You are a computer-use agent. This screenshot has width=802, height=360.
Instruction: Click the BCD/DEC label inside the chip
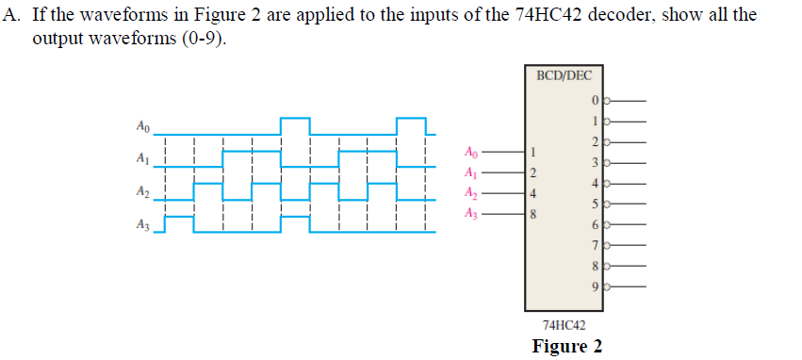563,75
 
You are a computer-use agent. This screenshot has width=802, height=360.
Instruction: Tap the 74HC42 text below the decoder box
562,324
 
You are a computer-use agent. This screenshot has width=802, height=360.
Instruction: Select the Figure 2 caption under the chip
566,346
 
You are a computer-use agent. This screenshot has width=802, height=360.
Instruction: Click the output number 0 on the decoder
596,100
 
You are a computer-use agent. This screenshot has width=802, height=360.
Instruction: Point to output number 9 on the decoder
596,286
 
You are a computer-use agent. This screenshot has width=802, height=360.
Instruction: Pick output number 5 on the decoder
596,203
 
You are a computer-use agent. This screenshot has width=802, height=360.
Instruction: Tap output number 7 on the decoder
596,244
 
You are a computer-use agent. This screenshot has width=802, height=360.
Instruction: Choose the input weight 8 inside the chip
532,215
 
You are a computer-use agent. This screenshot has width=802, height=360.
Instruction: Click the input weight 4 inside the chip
532,194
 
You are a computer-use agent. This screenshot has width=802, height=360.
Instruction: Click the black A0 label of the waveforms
142,125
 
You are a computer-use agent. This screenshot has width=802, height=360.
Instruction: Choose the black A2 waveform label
142,191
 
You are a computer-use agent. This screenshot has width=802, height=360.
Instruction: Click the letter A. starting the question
13,17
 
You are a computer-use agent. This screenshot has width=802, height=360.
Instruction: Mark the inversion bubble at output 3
607,162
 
